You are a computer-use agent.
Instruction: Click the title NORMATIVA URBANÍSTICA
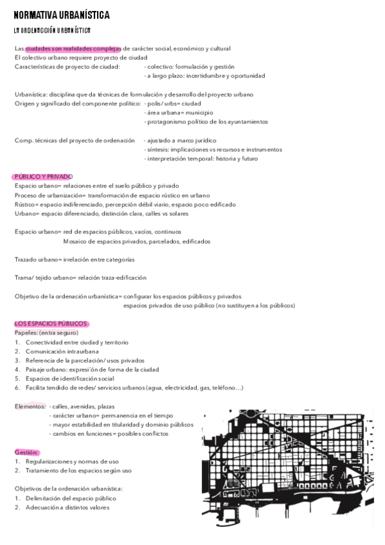tap(62, 15)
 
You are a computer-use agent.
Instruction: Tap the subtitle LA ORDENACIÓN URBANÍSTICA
tap(52, 30)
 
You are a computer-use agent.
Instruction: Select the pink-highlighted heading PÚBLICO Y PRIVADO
tap(43, 177)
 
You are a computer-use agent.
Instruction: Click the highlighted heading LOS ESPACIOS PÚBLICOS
tap(51, 324)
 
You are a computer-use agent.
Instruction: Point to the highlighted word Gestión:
tap(26, 452)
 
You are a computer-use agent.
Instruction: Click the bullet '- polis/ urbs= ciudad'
tap(172, 103)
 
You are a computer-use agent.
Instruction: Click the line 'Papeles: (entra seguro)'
tap(46, 333)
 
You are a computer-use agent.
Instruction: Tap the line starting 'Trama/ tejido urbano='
tap(80, 278)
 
